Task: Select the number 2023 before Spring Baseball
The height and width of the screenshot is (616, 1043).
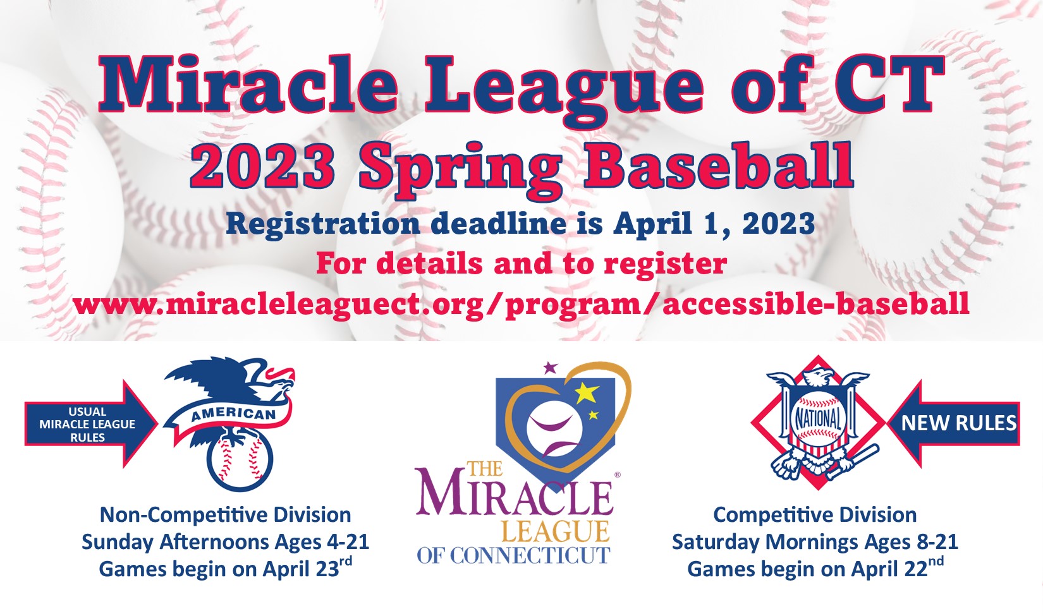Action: [262, 165]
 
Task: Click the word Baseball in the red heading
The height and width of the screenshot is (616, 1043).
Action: [719, 165]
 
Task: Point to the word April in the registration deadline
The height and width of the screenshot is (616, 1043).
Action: [652, 225]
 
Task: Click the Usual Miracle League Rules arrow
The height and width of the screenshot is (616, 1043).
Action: [91, 424]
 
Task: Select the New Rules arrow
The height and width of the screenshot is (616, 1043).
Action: [954, 423]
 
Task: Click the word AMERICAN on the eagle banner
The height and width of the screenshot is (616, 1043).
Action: [234, 414]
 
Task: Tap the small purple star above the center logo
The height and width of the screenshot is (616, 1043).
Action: [551, 368]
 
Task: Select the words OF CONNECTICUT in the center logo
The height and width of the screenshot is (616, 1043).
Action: [513, 555]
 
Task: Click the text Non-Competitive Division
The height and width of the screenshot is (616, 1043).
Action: [226, 515]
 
